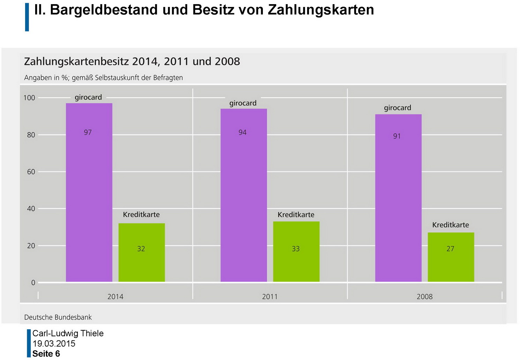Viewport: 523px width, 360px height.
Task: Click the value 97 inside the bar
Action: coord(88,133)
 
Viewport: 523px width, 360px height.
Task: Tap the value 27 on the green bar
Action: coord(450,249)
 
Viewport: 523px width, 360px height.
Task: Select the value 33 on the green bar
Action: coord(296,249)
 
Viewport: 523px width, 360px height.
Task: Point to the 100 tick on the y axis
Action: coord(29,98)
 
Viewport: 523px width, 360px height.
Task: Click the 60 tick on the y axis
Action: coord(31,172)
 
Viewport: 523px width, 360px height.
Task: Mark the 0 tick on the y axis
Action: coord(33,283)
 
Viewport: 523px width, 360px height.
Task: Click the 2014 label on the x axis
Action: coord(115,297)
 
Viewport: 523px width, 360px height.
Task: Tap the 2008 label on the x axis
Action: coord(425,297)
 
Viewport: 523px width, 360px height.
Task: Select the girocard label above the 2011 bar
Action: coord(243,103)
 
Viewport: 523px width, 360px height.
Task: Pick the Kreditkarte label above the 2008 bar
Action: coord(450,225)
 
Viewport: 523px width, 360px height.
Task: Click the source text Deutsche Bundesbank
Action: coord(58,317)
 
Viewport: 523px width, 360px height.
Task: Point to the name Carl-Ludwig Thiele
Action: coord(68,333)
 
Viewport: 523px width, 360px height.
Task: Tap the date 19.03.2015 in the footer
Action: coord(54,344)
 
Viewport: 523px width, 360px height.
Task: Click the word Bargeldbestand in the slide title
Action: coord(104,10)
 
